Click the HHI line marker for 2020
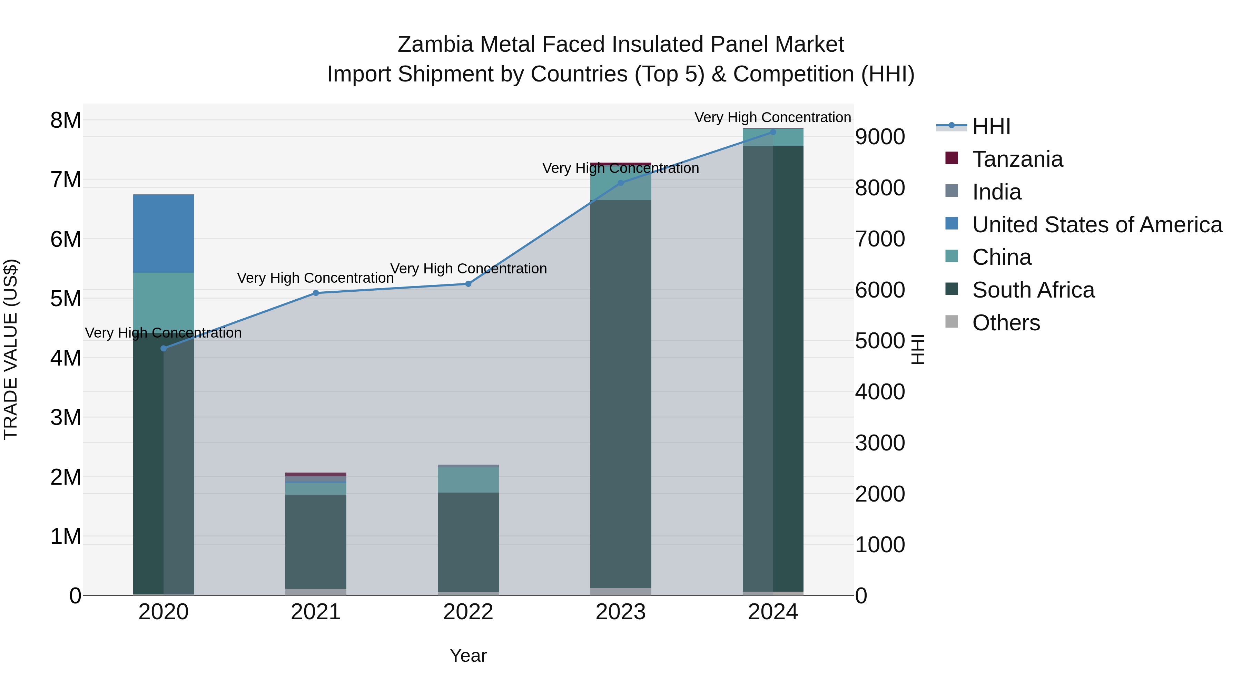click(x=164, y=348)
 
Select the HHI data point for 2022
click(x=468, y=284)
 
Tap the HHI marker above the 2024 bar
click(x=773, y=132)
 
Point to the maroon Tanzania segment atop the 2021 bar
click(x=316, y=474)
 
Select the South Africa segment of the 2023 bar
click(x=621, y=393)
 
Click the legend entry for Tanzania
click(x=1017, y=159)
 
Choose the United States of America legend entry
click(x=1097, y=225)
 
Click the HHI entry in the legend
click(x=991, y=126)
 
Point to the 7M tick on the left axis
click(x=66, y=179)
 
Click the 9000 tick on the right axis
click(x=880, y=137)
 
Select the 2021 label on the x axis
click(x=316, y=612)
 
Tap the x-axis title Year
click(x=468, y=656)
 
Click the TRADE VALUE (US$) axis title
click(x=11, y=349)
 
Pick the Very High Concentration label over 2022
click(x=468, y=268)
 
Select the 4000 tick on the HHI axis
click(x=880, y=392)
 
